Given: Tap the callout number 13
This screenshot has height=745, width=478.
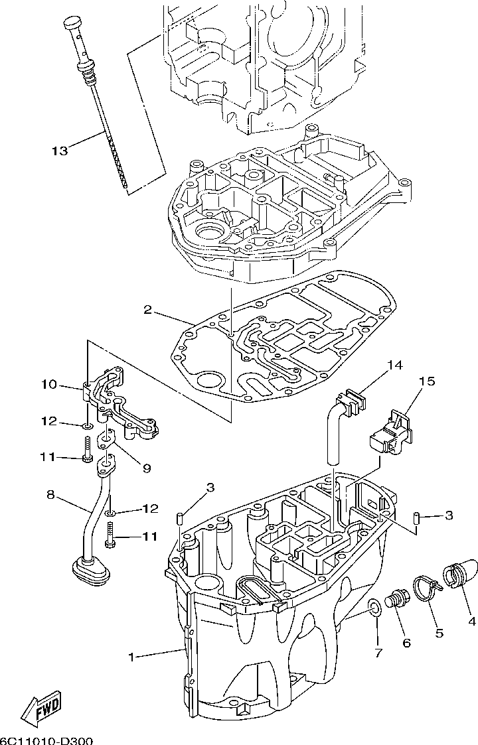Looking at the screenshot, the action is pyautogui.click(x=60, y=151).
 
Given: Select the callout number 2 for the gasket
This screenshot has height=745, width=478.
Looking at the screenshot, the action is pyautogui.click(x=148, y=310).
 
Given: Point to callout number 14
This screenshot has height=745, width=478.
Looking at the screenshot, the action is pyautogui.click(x=394, y=365).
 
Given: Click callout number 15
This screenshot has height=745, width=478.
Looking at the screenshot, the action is pyautogui.click(x=427, y=381).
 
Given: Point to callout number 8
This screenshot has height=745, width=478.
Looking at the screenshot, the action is pyautogui.click(x=51, y=494).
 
